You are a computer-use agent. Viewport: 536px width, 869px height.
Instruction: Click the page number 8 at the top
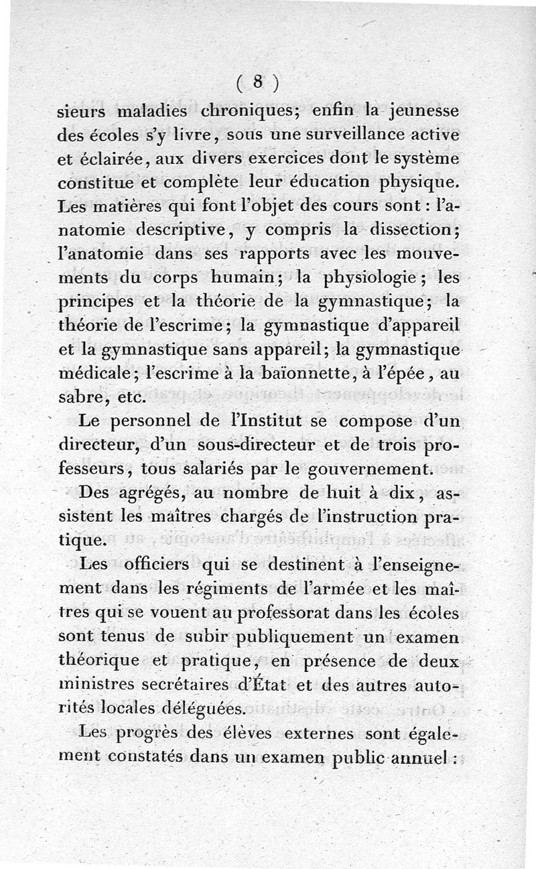tap(257, 82)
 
